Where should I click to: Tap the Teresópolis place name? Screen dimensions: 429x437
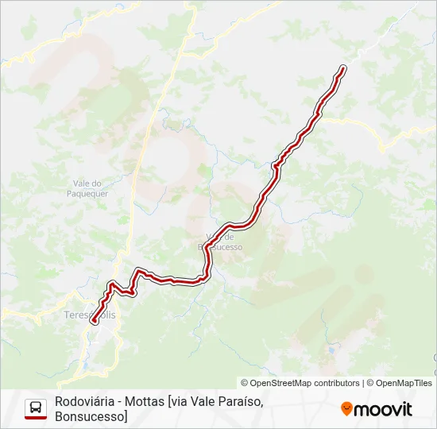click(89, 315)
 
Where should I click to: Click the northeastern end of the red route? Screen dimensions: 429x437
click(343, 68)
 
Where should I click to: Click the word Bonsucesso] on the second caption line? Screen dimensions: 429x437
click(91, 415)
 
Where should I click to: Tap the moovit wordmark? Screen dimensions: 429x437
click(383, 409)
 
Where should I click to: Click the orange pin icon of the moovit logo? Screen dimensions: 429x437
click(346, 409)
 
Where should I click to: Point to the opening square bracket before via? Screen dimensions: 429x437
click(168, 401)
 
